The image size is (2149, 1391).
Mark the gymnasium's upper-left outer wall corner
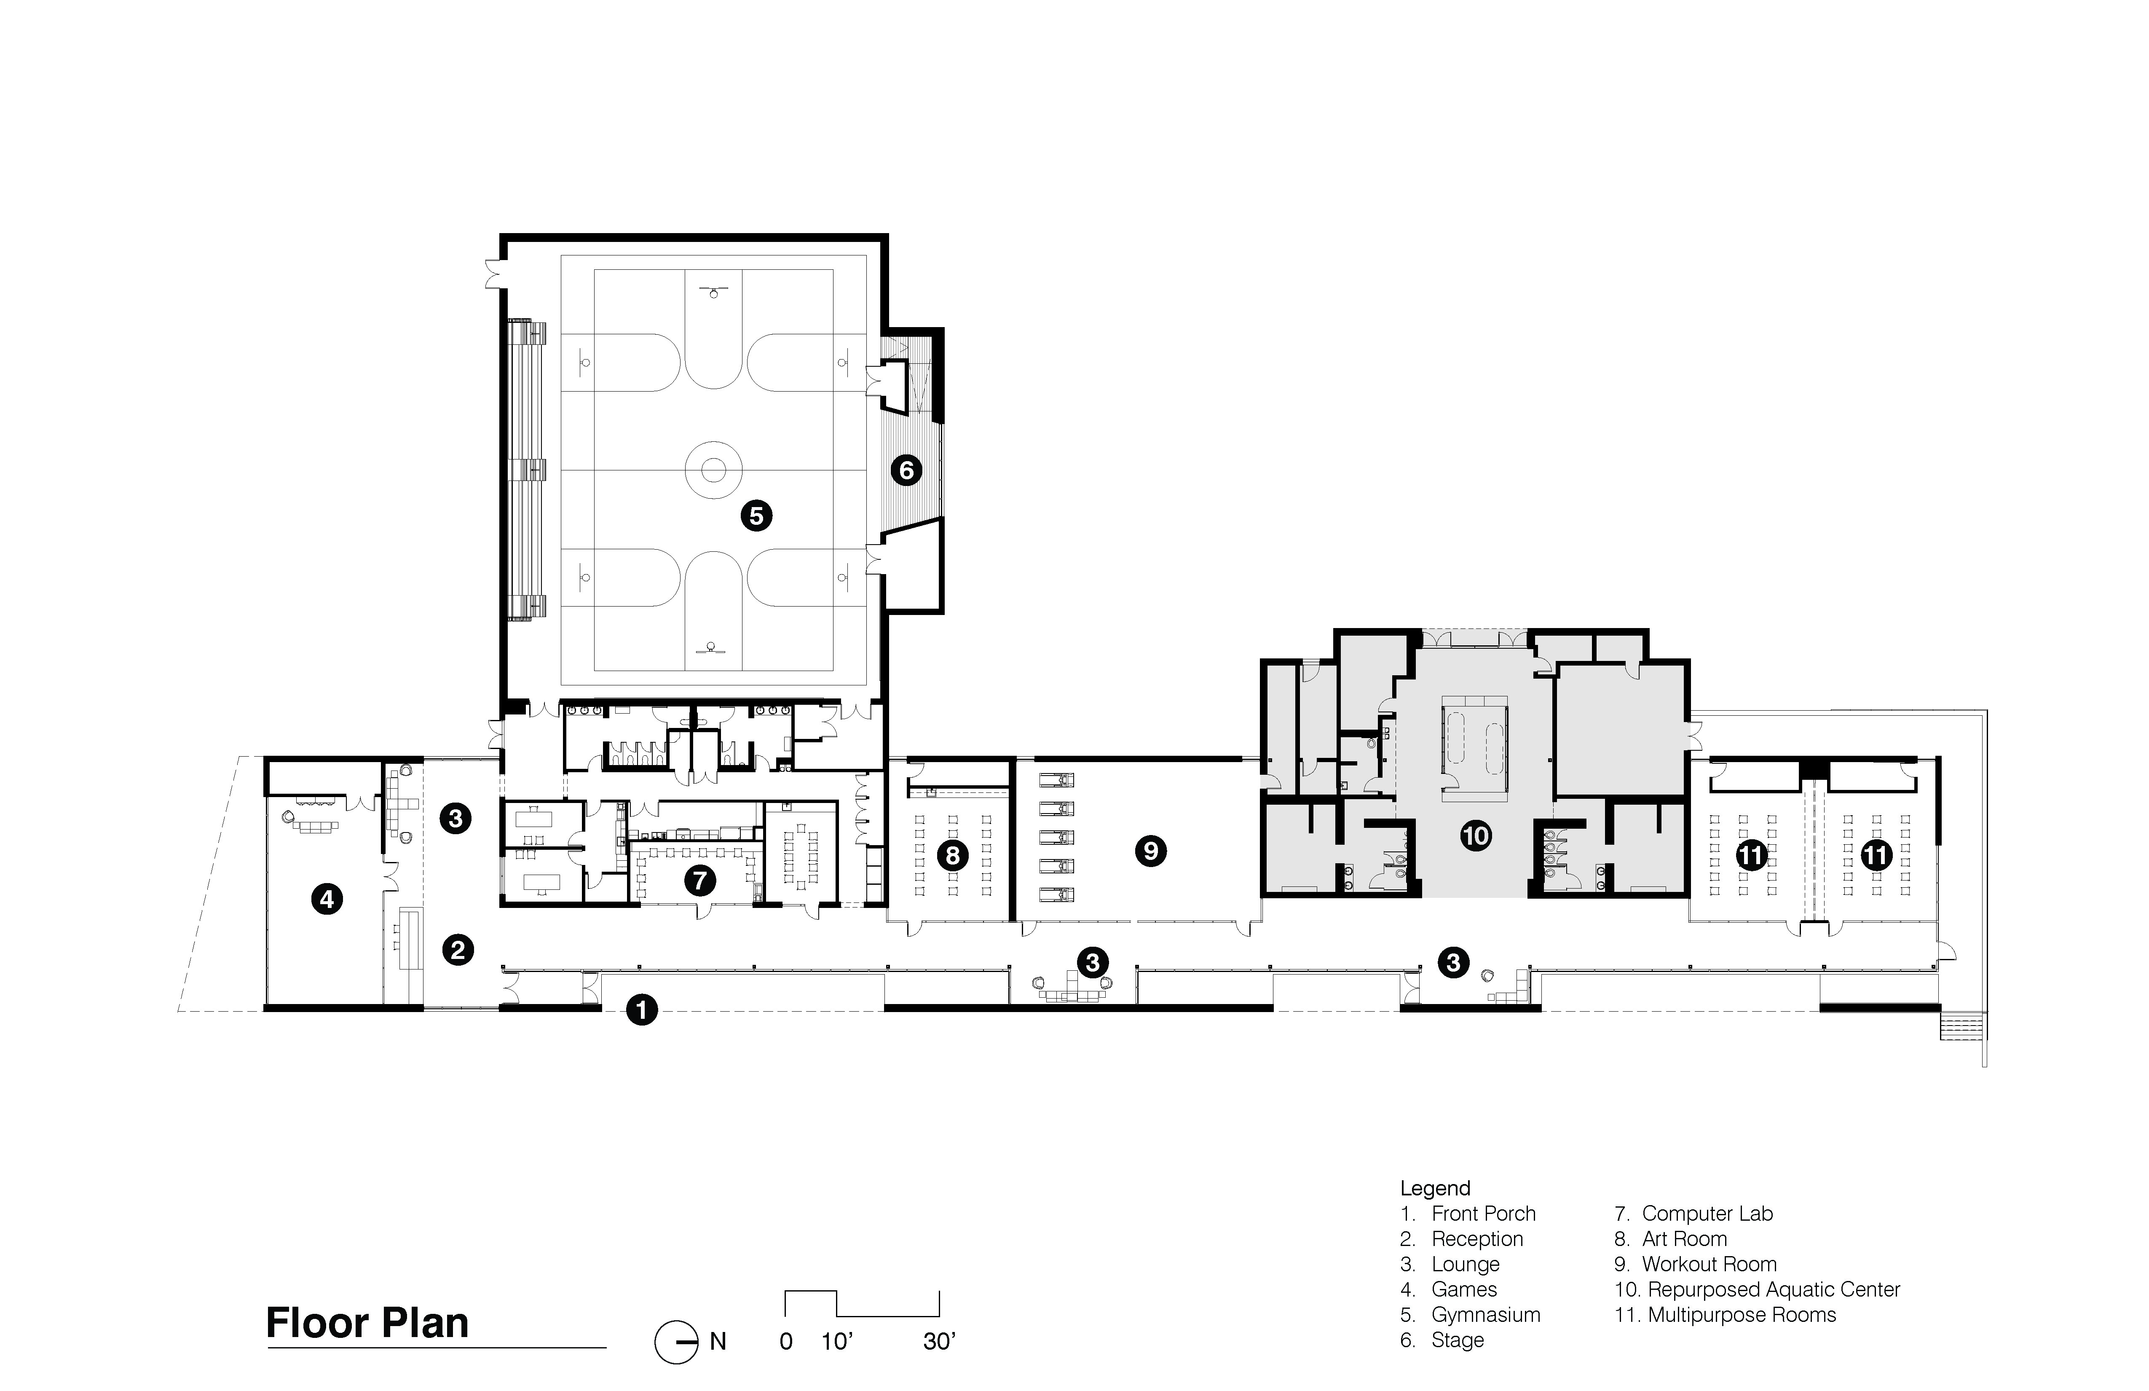tap(501, 235)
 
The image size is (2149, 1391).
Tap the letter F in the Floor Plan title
tap(277, 1323)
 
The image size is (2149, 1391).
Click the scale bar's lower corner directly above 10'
tap(837, 1315)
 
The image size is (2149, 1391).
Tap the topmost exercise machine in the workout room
tap(1058, 779)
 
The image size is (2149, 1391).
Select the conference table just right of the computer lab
tap(800, 855)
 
